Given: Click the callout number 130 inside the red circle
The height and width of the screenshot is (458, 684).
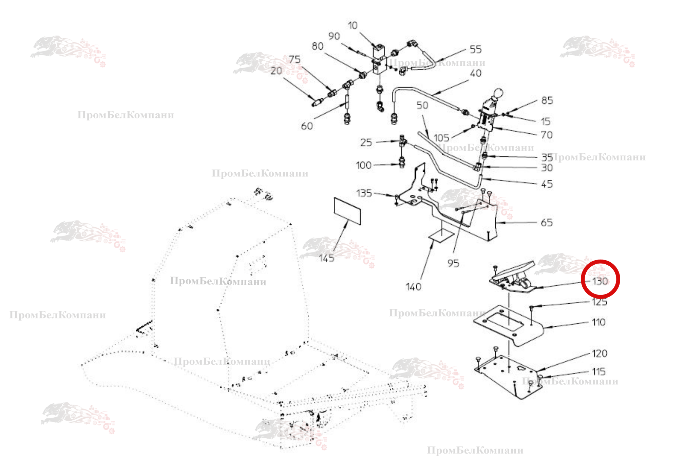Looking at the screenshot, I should [x=600, y=281].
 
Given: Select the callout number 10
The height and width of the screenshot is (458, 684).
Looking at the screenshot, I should [x=353, y=25].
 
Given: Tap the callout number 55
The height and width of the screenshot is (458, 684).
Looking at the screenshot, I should [x=476, y=50].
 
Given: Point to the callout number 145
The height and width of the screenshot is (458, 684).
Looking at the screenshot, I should [x=326, y=259].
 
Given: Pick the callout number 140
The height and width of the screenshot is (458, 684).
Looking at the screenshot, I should [x=413, y=287].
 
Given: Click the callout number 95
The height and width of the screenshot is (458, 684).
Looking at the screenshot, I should [x=453, y=263].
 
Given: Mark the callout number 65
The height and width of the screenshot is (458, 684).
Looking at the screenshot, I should [x=547, y=223].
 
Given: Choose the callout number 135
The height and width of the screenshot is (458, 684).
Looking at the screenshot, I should [x=364, y=193].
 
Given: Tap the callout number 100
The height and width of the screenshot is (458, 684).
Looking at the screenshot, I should [x=363, y=166].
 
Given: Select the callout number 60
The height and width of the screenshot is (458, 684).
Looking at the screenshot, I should [x=307, y=126].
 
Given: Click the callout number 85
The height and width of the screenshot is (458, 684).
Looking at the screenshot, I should [x=547, y=100].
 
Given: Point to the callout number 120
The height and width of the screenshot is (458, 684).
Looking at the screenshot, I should [x=599, y=354].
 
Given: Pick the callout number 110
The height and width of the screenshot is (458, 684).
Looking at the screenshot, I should [x=598, y=322].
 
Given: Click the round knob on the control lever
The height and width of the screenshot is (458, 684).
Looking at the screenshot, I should [x=498, y=93].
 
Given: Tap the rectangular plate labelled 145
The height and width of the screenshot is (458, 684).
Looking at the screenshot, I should [x=347, y=211].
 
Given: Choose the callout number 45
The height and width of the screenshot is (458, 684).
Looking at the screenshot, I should [x=547, y=184].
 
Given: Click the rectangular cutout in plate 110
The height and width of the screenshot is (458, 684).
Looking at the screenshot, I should [x=502, y=321].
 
